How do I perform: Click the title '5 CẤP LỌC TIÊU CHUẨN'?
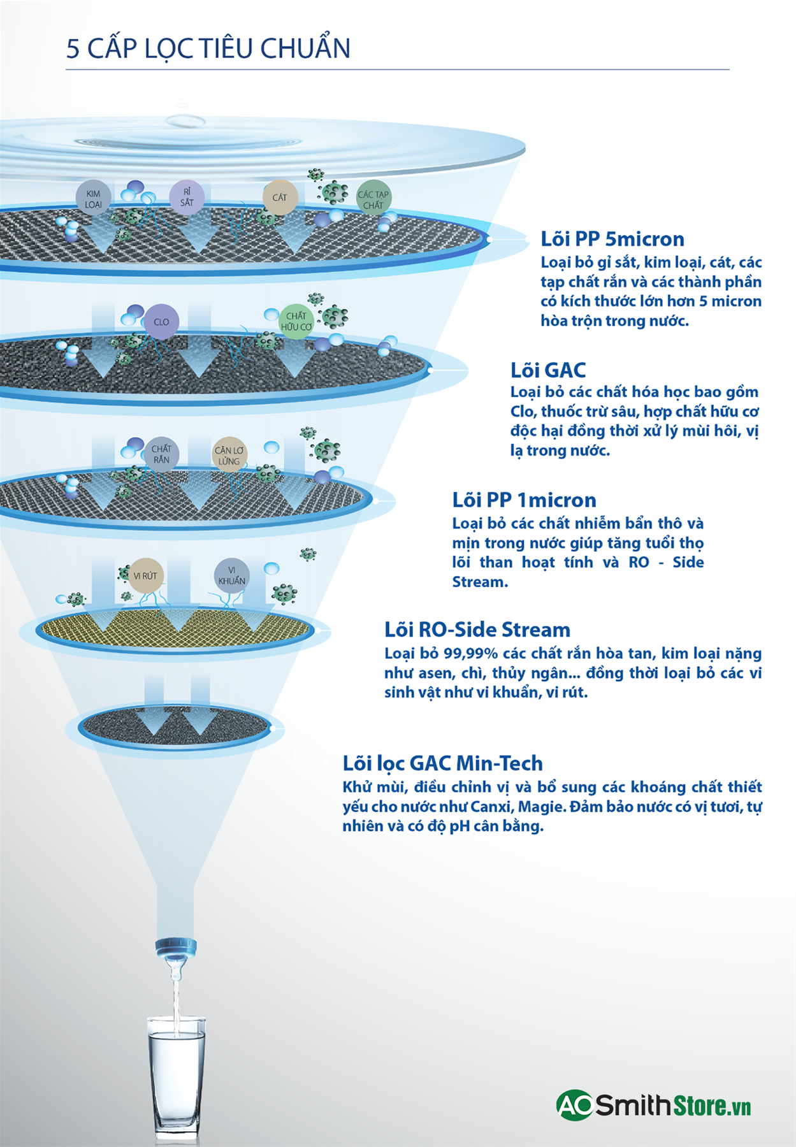(x=208, y=48)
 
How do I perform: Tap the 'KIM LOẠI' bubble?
(x=94, y=198)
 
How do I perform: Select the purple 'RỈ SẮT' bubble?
(x=187, y=197)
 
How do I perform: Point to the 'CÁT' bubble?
(x=280, y=198)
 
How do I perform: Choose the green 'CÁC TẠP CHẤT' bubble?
(x=373, y=199)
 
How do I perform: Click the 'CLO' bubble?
(x=161, y=322)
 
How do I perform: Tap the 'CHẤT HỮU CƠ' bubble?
(x=296, y=321)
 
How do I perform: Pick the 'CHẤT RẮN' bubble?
(x=161, y=454)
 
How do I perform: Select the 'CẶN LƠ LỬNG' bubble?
(x=229, y=455)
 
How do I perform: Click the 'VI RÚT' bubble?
(x=145, y=575)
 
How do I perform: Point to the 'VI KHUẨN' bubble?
(x=231, y=575)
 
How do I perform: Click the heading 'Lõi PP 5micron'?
(x=612, y=239)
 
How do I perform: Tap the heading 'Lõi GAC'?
(x=548, y=370)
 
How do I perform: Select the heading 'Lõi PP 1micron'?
(x=524, y=500)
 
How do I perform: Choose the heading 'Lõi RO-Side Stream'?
(x=477, y=630)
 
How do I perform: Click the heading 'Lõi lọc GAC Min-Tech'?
(x=443, y=763)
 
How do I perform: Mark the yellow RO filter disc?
(x=175, y=630)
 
